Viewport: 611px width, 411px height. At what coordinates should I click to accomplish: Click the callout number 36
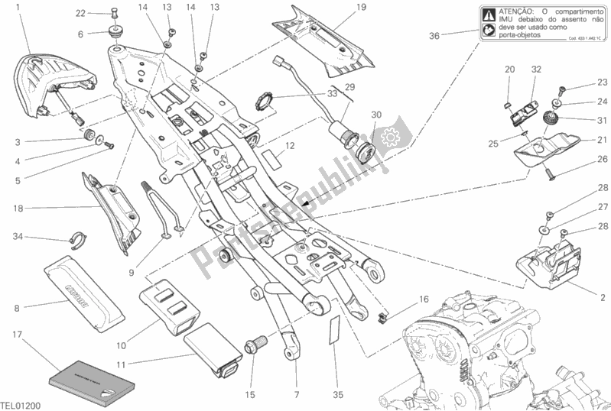(434, 35)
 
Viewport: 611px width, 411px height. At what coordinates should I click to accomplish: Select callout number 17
(16, 334)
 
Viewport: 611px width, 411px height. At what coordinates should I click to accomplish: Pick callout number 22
(80, 14)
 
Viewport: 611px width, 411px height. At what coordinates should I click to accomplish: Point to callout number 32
(536, 70)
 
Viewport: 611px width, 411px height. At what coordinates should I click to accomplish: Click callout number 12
(290, 145)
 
